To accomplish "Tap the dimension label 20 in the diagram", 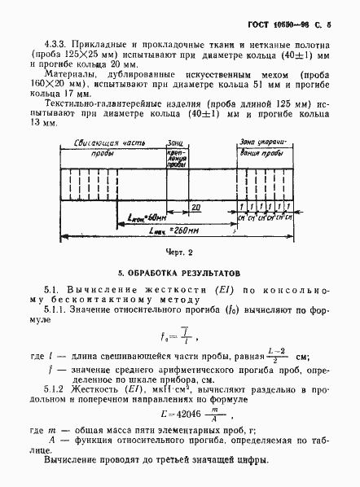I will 196,207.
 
